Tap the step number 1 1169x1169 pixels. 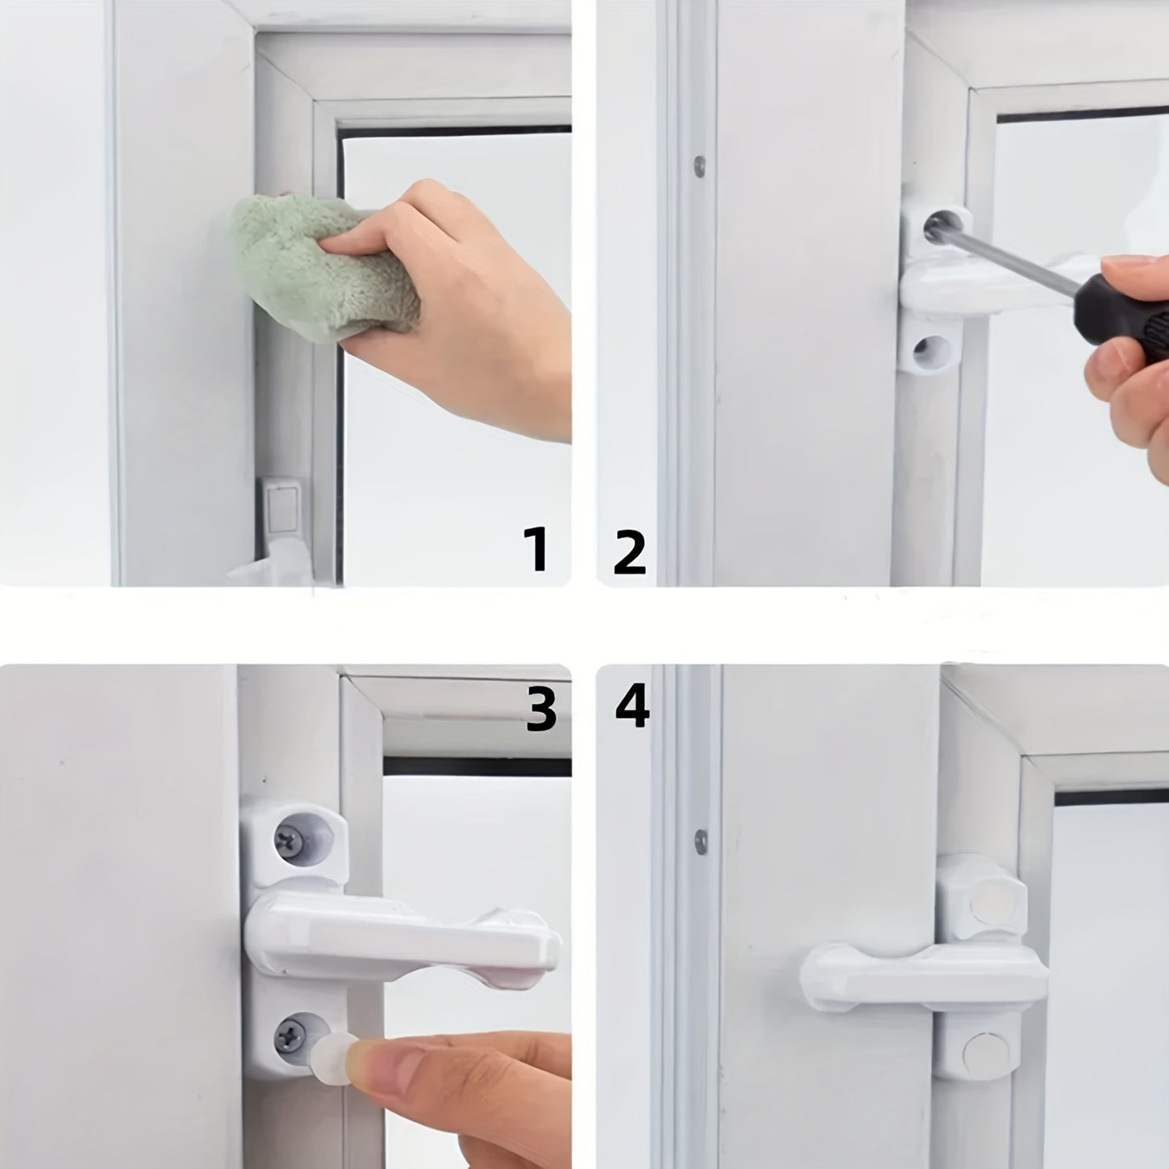536,549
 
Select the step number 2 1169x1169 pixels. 629,551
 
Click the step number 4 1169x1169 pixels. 632,706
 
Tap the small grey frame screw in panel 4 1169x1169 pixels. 701,842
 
